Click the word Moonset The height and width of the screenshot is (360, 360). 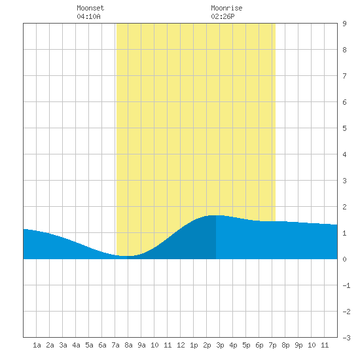(90, 8)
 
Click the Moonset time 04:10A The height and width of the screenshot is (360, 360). (88, 16)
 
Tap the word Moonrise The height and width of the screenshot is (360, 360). (226, 8)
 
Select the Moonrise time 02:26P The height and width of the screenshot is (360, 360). (223, 16)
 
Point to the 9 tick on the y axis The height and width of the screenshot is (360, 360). (344, 24)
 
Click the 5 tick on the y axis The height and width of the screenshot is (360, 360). (344, 128)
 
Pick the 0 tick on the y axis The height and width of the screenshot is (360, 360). (344, 259)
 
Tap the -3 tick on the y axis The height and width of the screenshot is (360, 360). (346, 338)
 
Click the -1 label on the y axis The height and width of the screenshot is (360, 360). (346, 285)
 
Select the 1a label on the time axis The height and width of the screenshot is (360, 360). (37, 345)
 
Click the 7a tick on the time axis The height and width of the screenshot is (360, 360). (115, 345)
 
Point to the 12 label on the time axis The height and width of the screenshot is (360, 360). (181, 345)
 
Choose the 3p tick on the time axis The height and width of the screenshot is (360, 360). (220, 345)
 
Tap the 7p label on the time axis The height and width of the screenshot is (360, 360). (272, 345)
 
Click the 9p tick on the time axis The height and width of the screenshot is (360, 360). (298, 345)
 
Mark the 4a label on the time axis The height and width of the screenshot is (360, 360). (76, 345)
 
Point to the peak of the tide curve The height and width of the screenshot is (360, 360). (216, 215)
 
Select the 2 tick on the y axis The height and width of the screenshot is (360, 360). (344, 207)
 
